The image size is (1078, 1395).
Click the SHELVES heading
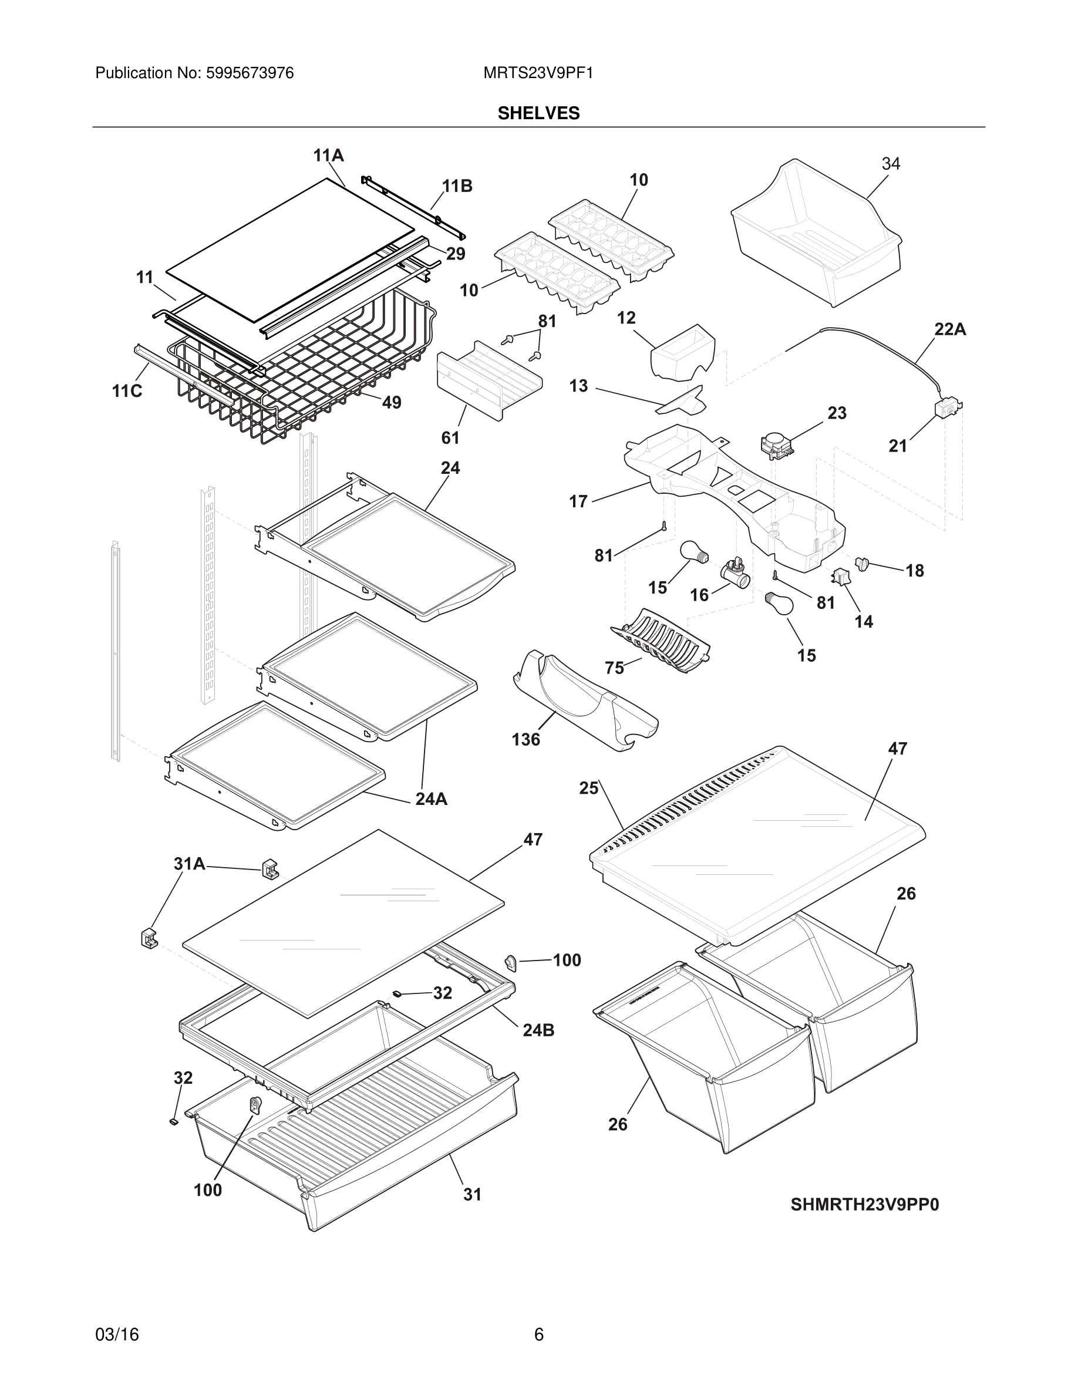click(x=538, y=113)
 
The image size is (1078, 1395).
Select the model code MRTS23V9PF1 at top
click(x=538, y=73)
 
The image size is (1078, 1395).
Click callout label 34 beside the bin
click(x=890, y=164)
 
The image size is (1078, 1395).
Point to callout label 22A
click(x=949, y=329)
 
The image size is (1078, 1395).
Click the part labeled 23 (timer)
click(x=775, y=445)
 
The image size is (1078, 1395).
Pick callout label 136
click(x=525, y=740)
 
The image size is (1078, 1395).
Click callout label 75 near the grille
click(x=614, y=668)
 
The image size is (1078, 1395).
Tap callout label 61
click(x=450, y=437)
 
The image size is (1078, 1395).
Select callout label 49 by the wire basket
click(x=392, y=402)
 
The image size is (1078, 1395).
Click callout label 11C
click(x=127, y=391)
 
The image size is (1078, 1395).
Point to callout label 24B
click(x=538, y=1030)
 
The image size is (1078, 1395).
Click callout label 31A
click(x=189, y=864)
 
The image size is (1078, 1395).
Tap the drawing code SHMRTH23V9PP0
click(x=865, y=1205)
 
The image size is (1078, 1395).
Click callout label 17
click(x=578, y=501)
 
